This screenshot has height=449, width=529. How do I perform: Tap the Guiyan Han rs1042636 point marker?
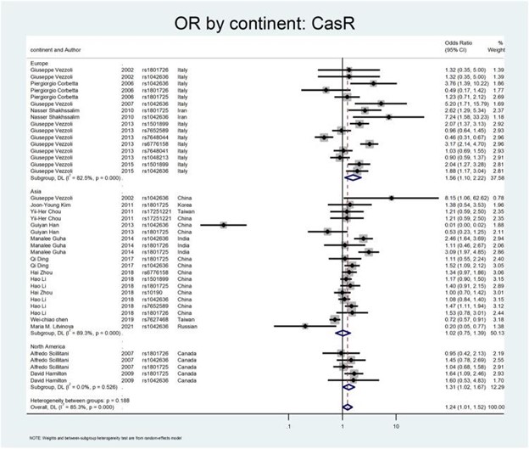click(223, 225)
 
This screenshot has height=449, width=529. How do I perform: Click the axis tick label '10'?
click(396, 422)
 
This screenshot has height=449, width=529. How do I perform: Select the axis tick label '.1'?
click(289, 422)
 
